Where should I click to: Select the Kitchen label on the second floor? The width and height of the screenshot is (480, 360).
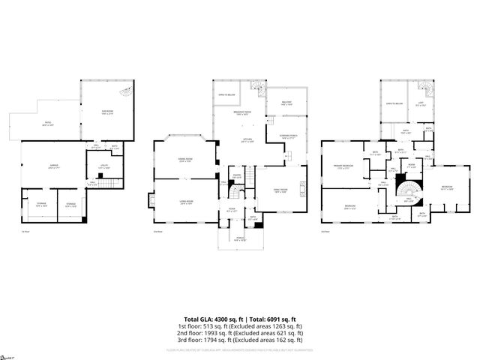[x=247, y=140]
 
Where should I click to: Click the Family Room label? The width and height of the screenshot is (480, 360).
[x=280, y=190]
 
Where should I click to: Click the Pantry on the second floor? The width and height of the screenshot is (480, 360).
[x=235, y=176]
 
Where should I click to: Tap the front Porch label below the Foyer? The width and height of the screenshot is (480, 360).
[x=241, y=240]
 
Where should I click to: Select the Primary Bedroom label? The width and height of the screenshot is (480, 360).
[x=344, y=167]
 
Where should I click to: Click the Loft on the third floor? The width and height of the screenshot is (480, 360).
[x=420, y=105]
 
